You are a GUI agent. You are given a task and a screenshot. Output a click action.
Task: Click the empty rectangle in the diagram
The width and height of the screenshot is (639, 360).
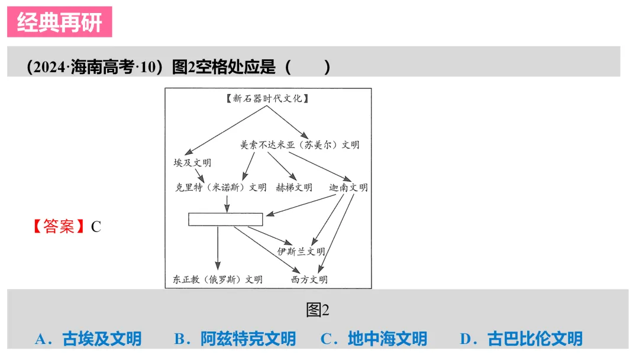[x=225, y=219]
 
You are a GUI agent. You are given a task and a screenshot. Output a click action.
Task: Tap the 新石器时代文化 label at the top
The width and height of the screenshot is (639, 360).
[x=267, y=99]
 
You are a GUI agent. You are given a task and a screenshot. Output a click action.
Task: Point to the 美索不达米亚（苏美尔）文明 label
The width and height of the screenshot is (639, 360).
[x=299, y=144]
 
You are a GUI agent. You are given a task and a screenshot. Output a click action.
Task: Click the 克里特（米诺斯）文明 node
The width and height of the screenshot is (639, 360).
[x=220, y=188]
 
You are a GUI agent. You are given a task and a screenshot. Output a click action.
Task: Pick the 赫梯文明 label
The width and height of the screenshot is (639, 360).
[x=293, y=188]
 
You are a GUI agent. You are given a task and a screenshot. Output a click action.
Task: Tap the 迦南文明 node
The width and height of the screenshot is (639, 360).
[x=348, y=188]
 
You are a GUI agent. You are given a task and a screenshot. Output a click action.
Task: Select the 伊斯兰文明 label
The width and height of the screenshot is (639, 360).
[x=301, y=251]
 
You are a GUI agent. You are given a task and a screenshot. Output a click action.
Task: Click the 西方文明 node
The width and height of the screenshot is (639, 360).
[x=309, y=279]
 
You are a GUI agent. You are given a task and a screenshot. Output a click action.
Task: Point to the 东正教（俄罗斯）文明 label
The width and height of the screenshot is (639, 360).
[x=218, y=279]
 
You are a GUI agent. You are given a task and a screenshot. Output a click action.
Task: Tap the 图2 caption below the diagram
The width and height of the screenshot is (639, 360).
[x=318, y=310]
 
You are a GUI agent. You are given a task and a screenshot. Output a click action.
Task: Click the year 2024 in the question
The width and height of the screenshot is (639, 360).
[x=49, y=67]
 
